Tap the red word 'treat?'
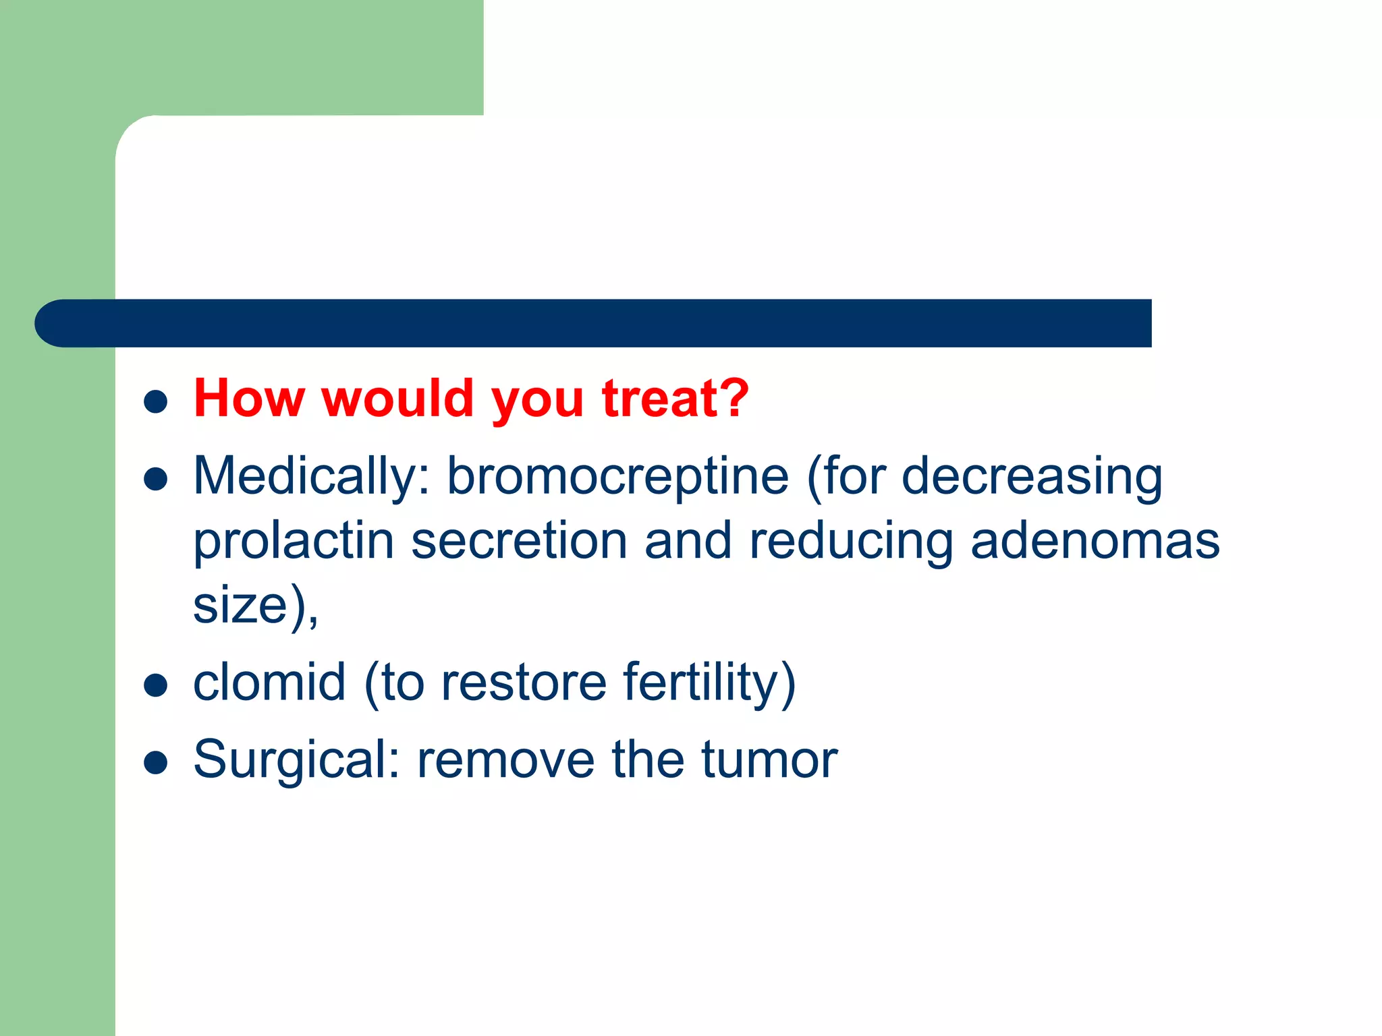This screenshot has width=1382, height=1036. (x=675, y=399)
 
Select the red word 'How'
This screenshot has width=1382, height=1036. (x=249, y=399)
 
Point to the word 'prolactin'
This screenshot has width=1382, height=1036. (x=294, y=542)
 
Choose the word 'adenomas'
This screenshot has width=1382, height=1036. (x=1095, y=542)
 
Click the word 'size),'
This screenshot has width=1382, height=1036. (x=256, y=605)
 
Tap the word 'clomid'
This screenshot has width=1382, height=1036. (x=269, y=683)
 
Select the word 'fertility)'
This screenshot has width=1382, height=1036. (x=709, y=683)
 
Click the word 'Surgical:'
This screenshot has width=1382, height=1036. (x=297, y=760)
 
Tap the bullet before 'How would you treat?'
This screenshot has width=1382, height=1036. (x=156, y=401)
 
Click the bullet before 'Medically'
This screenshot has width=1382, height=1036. (x=156, y=479)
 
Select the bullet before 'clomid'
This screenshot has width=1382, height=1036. (x=156, y=685)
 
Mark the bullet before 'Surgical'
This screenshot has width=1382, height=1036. (x=156, y=762)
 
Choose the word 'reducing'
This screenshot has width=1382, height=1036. (x=851, y=542)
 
